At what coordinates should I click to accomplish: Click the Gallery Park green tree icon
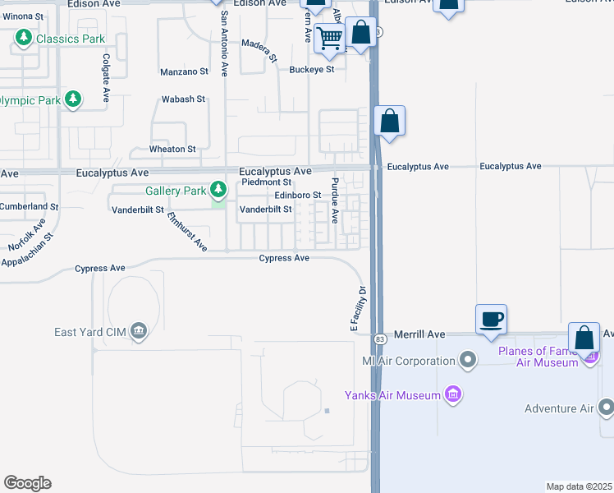[218, 191]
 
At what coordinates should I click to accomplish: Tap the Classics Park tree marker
[25, 38]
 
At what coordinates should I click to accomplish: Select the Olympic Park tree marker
[74, 100]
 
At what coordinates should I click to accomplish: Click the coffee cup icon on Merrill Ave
[491, 319]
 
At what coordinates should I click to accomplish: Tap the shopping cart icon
[330, 38]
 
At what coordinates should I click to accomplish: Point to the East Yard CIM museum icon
[138, 331]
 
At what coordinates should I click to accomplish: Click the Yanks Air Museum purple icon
[452, 395]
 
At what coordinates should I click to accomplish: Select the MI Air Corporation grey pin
[468, 360]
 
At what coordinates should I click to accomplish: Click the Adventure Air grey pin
[606, 408]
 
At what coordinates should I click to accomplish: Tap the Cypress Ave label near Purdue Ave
[284, 258]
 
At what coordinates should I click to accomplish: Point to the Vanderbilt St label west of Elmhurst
[136, 210]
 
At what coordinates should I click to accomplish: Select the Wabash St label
[183, 99]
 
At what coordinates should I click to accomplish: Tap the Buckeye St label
[312, 69]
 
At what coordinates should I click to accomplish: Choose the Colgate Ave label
[106, 78]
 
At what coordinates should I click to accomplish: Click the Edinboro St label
[297, 195]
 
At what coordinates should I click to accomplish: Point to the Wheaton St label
[172, 150]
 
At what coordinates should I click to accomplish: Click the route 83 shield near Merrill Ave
[379, 339]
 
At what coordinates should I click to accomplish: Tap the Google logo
[28, 483]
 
